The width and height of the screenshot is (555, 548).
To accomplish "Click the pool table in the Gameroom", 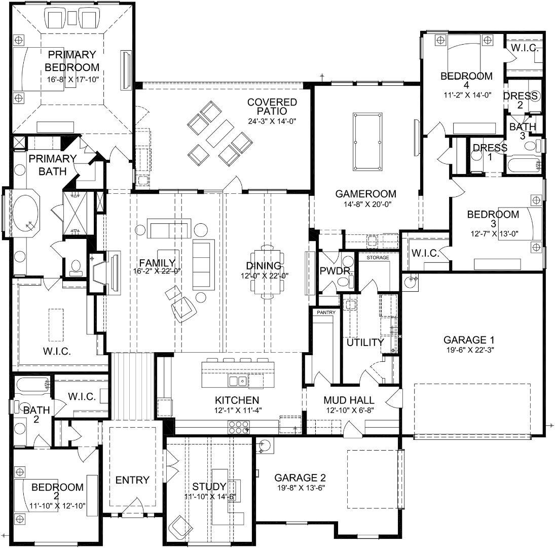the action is click(368, 142).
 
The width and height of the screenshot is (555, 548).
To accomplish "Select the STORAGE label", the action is click(378, 258).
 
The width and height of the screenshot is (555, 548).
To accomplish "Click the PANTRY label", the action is click(326, 313).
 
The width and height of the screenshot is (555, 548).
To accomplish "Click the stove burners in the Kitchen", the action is click(238, 427).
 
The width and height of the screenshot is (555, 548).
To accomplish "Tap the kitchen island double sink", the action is click(238, 381).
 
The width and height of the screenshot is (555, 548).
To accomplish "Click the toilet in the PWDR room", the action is click(344, 282).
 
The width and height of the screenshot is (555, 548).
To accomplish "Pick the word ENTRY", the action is click(132, 480).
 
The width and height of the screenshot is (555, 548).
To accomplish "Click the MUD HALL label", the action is click(349, 400).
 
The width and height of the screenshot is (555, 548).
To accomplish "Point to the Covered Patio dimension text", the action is click(272, 121).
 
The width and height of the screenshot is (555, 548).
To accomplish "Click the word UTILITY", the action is click(365, 342).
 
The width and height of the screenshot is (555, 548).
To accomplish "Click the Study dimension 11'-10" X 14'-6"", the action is click(210, 497).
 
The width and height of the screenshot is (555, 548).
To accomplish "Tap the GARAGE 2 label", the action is click(300, 478).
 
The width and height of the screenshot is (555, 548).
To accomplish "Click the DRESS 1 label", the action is click(490, 152).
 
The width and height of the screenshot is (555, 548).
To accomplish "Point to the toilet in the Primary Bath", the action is click(76, 268).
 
